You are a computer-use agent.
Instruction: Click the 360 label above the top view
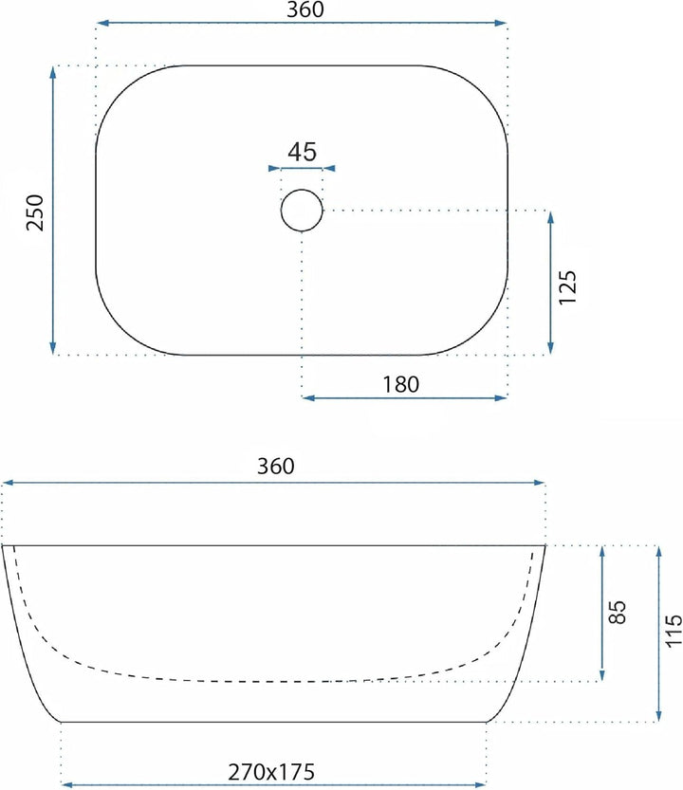point(305,9)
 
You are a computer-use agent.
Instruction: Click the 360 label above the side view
point(276,466)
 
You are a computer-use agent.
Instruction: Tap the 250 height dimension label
point(35,212)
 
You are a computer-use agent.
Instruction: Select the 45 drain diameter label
point(303,152)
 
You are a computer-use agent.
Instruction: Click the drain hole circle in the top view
point(302,190)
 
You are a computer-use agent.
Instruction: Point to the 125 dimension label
point(567,287)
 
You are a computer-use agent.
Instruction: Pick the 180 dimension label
point(401,384)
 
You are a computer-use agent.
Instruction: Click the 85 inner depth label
point(617,613)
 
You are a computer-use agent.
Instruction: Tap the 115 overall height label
point(674,632)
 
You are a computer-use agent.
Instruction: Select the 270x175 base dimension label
point(271,772)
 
